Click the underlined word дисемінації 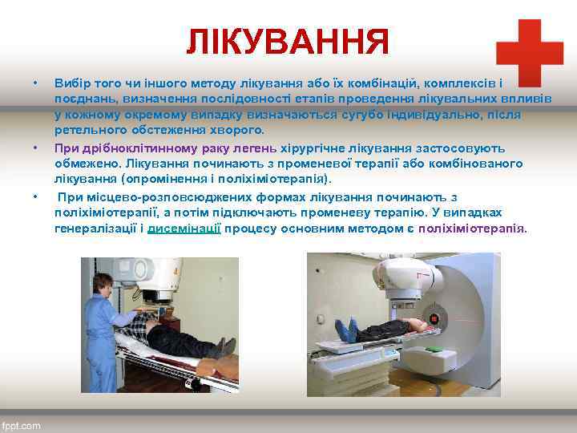point(184,228)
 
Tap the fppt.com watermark point(22,426)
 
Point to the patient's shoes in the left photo point(224,346)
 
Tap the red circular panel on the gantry point(435,319)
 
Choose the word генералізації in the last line point(95,228)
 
